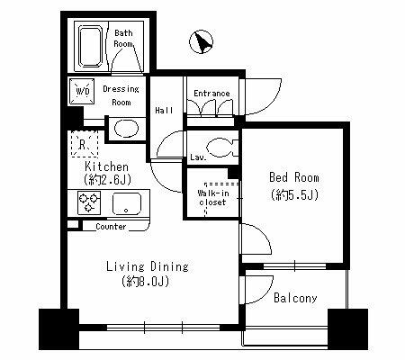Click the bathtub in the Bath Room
[91, 47]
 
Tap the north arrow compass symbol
[201, 41]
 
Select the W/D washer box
[82, 92]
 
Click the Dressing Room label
[121, 95]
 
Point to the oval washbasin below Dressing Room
[127, 129]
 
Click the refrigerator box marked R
[85, 144]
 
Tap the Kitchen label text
[106, 166]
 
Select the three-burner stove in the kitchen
[89, 203]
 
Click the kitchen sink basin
[127, 203]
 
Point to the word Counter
[111, 227]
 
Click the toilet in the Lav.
[221, 148]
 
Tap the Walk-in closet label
[212, 198]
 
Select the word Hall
[164, 111]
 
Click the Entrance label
[211, 94]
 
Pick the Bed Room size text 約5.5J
[294, 195]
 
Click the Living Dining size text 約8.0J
[146, 282]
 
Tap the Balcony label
[295, 298]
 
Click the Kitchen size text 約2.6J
[108, 180]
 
